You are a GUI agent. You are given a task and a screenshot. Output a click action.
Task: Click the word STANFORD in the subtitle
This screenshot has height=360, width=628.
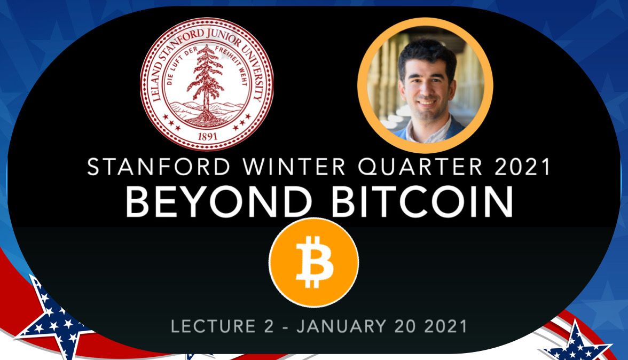[x=159, y=167]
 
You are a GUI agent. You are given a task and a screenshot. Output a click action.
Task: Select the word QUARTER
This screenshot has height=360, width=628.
[x=420, y=167]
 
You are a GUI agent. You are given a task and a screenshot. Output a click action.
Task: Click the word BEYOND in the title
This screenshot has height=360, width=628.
[x=219, y=202]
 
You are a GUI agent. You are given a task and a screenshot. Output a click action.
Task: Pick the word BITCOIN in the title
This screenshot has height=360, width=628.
[x=422, y=202]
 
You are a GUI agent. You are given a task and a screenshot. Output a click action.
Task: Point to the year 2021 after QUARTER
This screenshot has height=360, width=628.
[x=522, y=167]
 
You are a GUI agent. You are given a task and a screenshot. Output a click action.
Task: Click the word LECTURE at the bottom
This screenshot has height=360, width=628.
[x=213, y=326]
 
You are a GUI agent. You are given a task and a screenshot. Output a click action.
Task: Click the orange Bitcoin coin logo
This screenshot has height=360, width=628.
[x=313, y=262]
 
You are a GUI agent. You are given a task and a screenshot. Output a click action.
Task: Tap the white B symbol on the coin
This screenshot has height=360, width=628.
[x=314, y=262]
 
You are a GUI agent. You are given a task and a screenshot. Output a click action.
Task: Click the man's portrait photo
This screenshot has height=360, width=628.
[x=425, y=85]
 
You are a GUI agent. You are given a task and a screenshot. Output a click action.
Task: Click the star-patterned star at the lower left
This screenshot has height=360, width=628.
[x=54, y=316]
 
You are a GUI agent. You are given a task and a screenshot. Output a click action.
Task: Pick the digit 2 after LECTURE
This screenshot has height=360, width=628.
[x=268, y=326]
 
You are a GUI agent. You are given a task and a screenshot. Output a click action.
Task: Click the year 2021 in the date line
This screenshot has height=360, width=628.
[x=445, y=326]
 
